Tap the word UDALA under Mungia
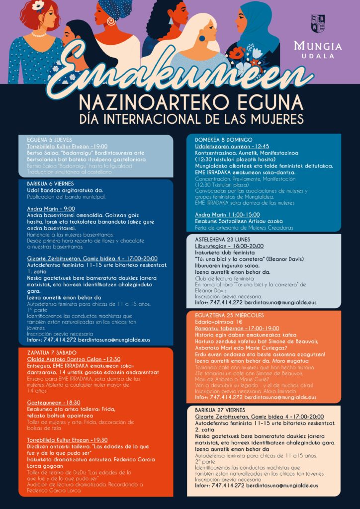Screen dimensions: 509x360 tap(325, 56)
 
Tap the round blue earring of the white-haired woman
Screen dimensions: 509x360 tap(202, 38)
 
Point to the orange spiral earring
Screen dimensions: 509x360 tap(111, 21)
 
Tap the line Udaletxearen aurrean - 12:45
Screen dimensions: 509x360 tap(225, 146)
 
